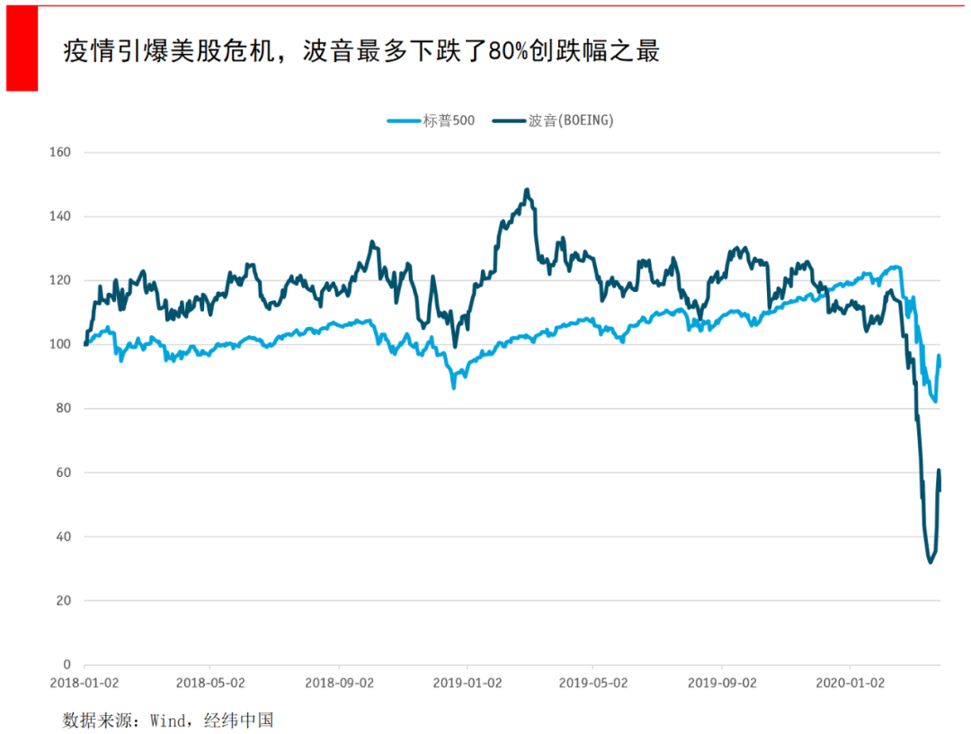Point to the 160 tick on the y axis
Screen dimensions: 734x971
click(x=60, y=153)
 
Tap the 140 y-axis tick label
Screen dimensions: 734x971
click(x=60, y=217)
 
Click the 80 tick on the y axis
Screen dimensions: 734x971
click(x=63, y=409)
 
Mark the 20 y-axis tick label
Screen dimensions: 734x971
click(x=63, y=601)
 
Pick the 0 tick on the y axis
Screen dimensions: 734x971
click(x=67, y=665)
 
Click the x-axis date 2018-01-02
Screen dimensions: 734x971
click(x=84, y=683)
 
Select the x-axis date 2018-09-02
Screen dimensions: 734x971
click(x=339, y=683)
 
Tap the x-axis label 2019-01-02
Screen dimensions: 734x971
click(x=467, y=683)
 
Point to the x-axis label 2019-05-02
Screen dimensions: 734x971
click(x=593, y=683)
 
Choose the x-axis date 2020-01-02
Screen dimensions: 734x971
click(x=850, y=683)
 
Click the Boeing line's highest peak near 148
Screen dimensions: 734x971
click(x=527, y=190)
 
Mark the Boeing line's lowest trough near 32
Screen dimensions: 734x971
click(x=930, y=562)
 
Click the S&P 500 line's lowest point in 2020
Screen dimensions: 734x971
click(x=936, y=402)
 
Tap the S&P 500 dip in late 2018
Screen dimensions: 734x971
click(x=454, y=387)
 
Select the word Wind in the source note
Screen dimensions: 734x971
click(x=167, y=721)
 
